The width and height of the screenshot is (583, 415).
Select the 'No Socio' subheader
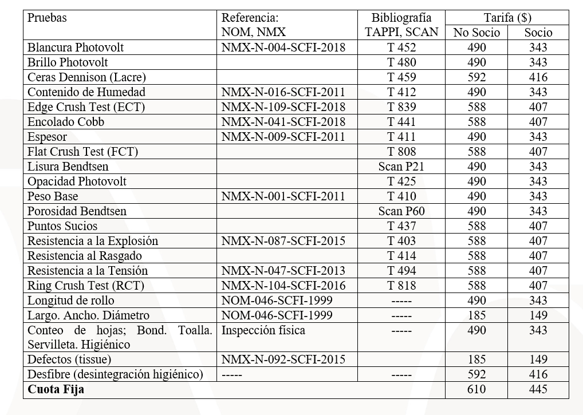pos(476,33)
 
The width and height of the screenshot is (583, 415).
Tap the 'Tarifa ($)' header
pos(507,18)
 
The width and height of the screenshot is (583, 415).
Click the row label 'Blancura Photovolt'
pos(76,48)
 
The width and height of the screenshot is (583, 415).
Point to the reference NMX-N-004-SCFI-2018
pos(283,48)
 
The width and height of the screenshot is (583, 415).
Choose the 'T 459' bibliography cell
pos(401,77)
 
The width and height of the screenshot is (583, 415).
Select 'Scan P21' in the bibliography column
pos(401,167)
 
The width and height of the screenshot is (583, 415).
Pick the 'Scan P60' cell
pos(401,211)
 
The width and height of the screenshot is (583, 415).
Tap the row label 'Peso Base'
pos(53,196)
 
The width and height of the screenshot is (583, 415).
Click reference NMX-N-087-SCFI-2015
pos(283,241)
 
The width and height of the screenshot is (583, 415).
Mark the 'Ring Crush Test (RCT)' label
pos(86,286)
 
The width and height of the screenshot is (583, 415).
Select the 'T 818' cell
pos(401,286)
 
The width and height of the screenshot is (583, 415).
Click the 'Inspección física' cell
pos(263,330)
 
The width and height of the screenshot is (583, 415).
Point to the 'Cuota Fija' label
pos(56,390)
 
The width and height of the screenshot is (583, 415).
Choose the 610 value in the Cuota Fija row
pos(476,390)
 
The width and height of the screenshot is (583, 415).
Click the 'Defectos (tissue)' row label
pos(69,359)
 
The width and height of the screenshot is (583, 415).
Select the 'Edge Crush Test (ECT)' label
pos(86,107)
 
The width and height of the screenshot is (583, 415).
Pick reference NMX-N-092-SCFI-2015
pos(283,359)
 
